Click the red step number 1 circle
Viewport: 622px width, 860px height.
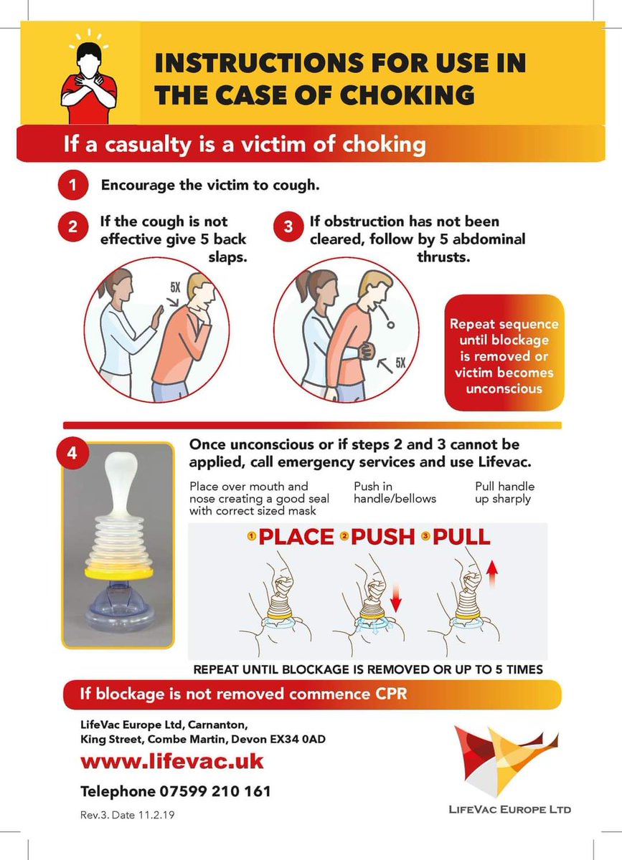[x=73, y=185]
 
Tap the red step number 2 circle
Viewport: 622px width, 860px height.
[x=73, y=226]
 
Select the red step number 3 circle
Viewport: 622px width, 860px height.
[x=288, y=226]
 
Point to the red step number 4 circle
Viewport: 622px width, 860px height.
[x=72, y=454]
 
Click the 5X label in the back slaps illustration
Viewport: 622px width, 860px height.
[x=175, y=287]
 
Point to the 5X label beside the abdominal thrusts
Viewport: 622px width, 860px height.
[x=400, y=363]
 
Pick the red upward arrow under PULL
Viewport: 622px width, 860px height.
[x=491, y=573]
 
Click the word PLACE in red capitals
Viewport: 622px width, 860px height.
[x=296, y=537]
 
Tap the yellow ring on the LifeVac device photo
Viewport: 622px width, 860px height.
[x=118, y=573]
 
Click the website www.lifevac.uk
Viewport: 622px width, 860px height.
[x=172, y=761]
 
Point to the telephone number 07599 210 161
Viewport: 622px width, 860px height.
[x=215, y=791]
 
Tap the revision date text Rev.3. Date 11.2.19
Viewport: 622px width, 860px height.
[x=127, y=815]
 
